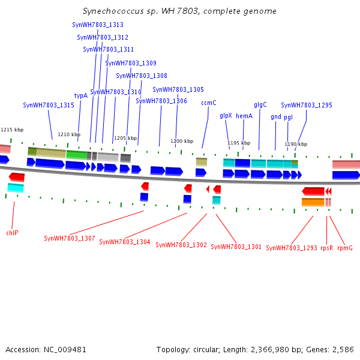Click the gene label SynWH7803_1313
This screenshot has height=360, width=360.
tap(98, 25)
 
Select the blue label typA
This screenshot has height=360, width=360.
tap(81, 95)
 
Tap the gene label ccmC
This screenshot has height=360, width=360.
tap(209, 103)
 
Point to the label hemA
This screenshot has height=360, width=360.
tap(244, 116)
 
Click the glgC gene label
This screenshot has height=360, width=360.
tap(260, 104)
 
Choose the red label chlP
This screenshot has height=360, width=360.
tap(12, 232)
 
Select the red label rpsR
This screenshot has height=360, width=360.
tap(326, 247)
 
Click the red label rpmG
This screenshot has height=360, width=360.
tap(345, 247)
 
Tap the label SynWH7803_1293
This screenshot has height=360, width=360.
tap(292, 247)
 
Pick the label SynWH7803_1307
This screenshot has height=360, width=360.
tap(70, 238)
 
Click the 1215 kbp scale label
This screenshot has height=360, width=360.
tap(12, 130)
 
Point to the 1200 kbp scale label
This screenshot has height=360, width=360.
tap(182, 141)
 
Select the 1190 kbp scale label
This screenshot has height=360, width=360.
tap(296, 144)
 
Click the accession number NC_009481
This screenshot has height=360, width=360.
tap(66, 349)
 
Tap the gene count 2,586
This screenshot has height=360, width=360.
tap(342, 349)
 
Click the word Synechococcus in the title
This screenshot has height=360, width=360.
tap(112, 11)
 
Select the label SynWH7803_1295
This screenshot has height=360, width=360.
tap(307, 105)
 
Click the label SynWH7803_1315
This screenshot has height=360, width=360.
tap(49, 105)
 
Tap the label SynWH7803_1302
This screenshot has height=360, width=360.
tap(181, 245)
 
